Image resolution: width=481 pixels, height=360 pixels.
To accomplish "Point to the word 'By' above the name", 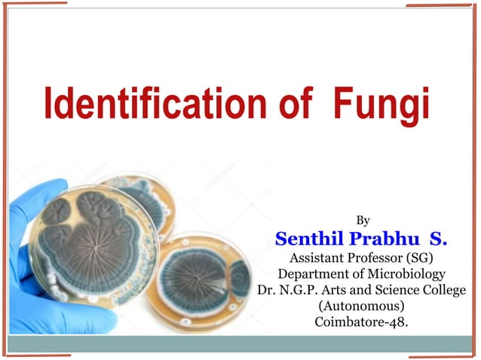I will coord(363,221).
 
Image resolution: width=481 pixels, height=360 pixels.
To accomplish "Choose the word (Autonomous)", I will coord(362,308).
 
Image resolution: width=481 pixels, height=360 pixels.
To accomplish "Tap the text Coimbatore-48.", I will coord(362,325).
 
